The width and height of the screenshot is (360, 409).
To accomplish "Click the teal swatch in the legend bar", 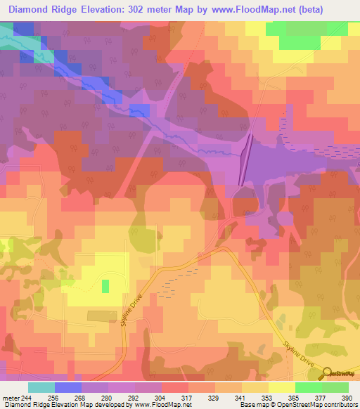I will click(x=41, y=387).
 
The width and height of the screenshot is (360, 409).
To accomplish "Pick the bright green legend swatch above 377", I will click(x=309, y=387).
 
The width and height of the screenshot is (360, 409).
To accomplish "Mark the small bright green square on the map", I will click(x=105, y=286).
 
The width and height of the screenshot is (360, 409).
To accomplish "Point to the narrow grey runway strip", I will click(x=245, y=160).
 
